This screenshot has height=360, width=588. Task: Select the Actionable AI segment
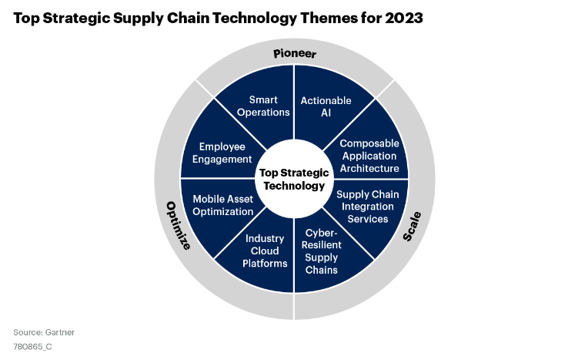pyautogui.click(x=325, y=106)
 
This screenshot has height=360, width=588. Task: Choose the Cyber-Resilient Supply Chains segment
pyautogui.click(x=322, y=251)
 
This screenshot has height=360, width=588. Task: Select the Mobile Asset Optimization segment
pyautogui.click(x=222, y=205)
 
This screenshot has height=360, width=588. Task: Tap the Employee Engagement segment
pyautogui.click(x=221, y=153)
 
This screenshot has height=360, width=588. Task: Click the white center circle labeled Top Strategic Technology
pyautogui.click(x=293, y=179)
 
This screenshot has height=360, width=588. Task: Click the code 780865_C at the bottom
pyautogui.click(x=32, y=346)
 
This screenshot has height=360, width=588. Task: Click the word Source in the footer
pyautogui.click(x=27, y=332)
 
